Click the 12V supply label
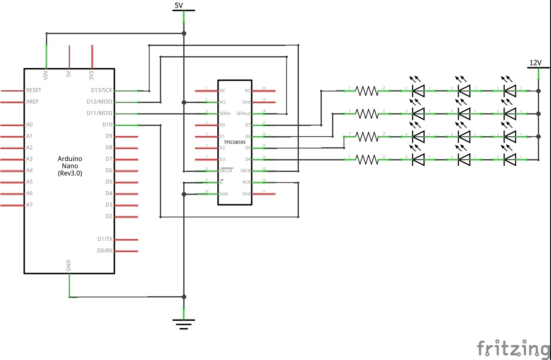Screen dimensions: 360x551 point(535,63)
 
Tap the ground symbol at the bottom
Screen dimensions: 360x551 point(184,324)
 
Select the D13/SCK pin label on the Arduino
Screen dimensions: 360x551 point(102,91)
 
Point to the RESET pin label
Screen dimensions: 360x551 point(34,91)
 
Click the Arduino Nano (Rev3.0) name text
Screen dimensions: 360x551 point(70,166)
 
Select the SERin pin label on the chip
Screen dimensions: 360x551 point(225,114)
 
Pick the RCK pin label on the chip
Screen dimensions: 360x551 point(246,182)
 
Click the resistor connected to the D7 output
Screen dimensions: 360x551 point(366,91)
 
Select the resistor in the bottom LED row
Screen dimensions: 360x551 point(366,160)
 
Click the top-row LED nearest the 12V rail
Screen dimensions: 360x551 point(509,90)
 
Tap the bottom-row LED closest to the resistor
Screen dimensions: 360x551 point(419,160)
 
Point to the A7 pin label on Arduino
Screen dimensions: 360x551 point(29,205)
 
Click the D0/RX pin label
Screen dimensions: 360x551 point(105,251)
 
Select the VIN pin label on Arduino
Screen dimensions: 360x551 point(46,75)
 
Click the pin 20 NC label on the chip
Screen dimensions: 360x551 point(247,91)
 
